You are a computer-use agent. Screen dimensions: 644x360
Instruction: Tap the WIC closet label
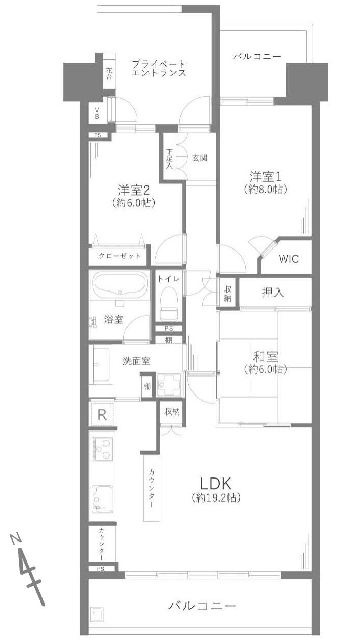(x=288, y=259)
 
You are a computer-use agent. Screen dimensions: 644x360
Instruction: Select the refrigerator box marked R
(x=102, y=414)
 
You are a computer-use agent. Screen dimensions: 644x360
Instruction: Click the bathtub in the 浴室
(x=120, y=286)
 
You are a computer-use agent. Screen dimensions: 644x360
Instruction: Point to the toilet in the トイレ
(x=167, y=304)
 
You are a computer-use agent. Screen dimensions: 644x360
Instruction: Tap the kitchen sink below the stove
(x=102, y=496)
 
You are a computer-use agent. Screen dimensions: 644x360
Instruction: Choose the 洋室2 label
(x=133, y=190)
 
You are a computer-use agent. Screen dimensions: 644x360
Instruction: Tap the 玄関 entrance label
(x=200, y=158)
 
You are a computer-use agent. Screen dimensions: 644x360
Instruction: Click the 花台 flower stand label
(x=110, y=73)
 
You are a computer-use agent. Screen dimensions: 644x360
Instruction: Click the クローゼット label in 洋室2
(x=120, y=256)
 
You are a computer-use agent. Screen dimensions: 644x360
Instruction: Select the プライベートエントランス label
(x=158, y=68)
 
